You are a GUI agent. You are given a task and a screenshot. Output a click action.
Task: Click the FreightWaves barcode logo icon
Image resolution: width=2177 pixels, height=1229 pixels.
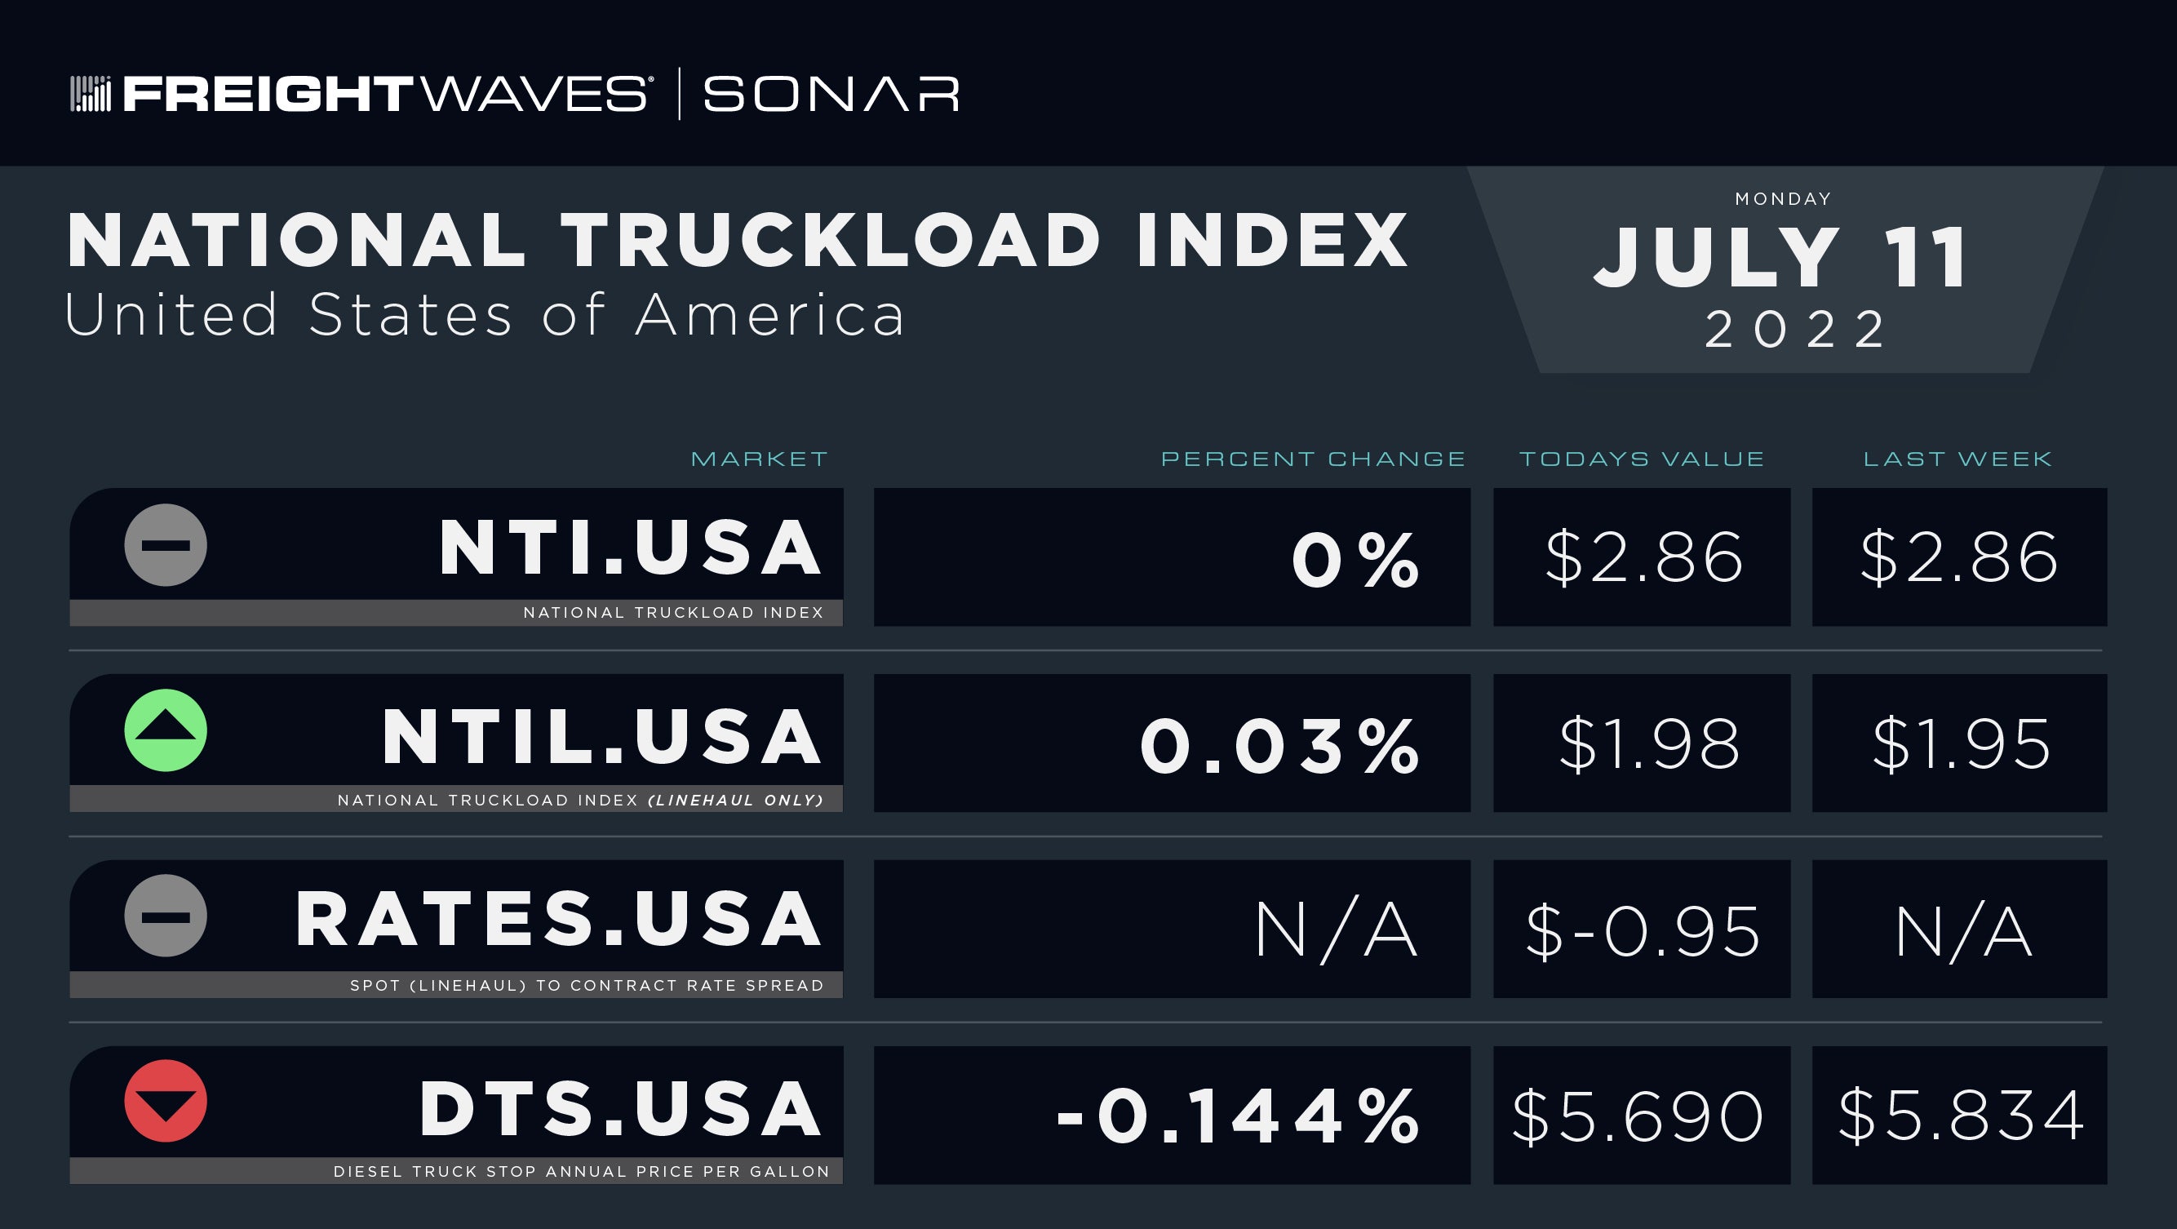point(90,93)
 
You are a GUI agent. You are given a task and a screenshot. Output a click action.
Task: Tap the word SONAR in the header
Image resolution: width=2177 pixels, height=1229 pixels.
point(831,94)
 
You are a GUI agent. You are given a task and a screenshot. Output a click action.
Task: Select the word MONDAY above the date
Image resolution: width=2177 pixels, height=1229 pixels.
point(1783,198)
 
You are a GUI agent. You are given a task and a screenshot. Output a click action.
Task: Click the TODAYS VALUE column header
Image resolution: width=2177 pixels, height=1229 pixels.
point(1642,459)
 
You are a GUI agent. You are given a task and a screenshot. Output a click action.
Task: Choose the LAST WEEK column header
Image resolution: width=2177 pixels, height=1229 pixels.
point(1958,459)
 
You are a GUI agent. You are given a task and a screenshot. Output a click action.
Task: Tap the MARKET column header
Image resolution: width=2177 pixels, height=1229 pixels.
point(759,459)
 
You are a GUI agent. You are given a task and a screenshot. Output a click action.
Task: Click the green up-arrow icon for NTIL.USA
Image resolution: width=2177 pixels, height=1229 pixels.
point(166,730)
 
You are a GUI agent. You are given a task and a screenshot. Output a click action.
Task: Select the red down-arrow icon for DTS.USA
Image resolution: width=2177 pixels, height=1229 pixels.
point(166,1101)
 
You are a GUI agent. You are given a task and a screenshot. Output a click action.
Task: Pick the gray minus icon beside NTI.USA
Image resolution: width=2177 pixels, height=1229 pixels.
point(166,545)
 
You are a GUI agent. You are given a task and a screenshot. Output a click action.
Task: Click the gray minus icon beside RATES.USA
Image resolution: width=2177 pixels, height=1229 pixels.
point(166,916)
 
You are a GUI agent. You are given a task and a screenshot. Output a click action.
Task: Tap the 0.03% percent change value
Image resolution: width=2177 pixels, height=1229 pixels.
point(1279,746)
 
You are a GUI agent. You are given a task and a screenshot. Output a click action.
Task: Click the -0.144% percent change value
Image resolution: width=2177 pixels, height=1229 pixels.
point(1238,1116)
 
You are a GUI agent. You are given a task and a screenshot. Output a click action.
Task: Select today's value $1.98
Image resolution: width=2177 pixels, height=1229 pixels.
point(1649,743)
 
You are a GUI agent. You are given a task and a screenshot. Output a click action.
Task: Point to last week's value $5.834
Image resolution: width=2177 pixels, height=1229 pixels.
point(1961,1116)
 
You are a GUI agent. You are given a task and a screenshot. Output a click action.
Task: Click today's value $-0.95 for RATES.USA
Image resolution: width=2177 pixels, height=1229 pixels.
point(1642,930)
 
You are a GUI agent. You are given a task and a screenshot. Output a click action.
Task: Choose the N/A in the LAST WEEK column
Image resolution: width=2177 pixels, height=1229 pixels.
point(1962,930)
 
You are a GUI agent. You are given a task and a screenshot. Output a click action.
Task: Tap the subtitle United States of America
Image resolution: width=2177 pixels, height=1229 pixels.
point(484,314)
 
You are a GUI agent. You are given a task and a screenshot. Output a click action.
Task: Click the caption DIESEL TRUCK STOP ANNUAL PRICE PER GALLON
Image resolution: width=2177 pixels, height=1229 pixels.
point(582,1172)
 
